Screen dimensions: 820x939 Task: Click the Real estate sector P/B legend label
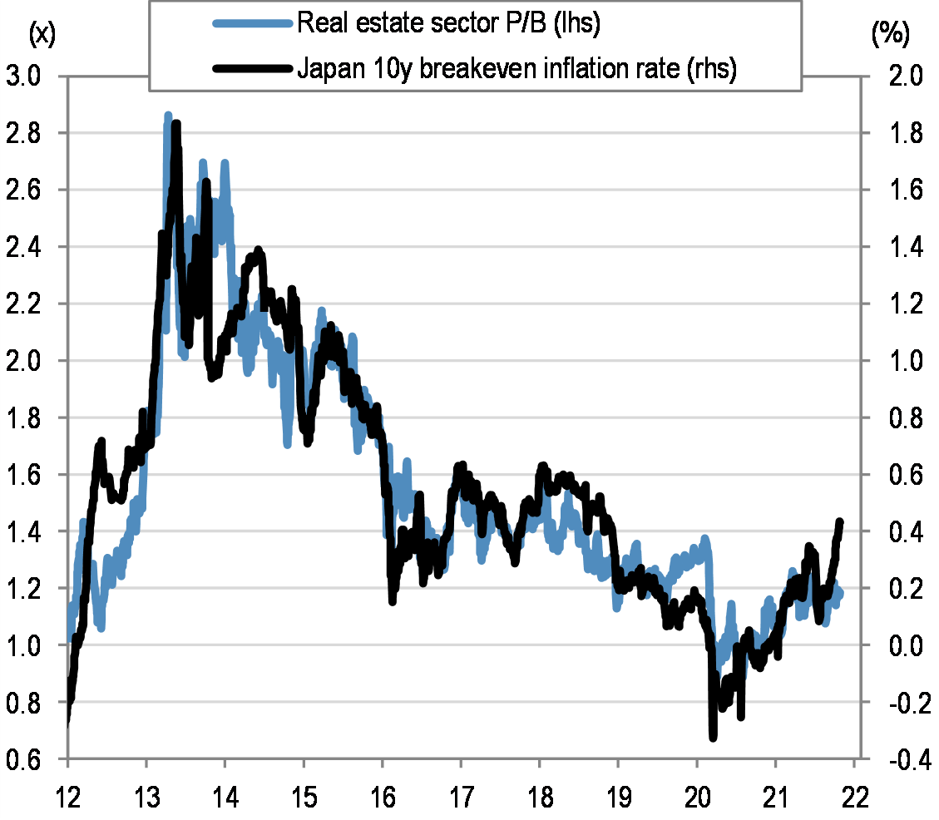pos(448,24)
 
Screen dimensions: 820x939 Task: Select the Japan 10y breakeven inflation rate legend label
pos(516,70)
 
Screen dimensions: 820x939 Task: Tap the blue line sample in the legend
pos(254,25)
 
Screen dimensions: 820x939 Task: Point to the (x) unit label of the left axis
pos(41,34)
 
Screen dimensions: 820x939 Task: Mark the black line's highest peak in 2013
pos(176,126)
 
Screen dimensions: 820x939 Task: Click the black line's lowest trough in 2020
pos(713,736)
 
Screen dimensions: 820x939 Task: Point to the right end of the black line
pos(840,522)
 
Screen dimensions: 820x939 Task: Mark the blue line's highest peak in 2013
pos(168,116)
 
